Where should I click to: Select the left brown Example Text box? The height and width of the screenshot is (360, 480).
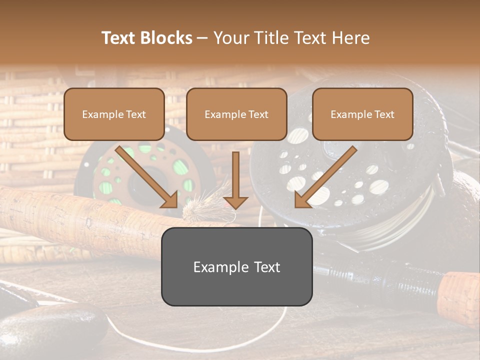[114, 114]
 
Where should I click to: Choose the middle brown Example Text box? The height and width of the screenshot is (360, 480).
[236, 114]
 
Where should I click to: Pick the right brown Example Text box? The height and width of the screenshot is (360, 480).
[362, 114]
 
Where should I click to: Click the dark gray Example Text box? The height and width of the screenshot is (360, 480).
[236, 266]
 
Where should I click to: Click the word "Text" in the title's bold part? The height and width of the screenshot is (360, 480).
[119, 38]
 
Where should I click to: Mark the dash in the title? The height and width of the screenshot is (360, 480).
[202, 38]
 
